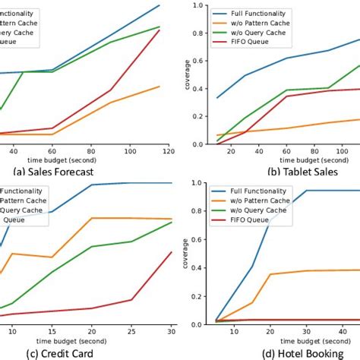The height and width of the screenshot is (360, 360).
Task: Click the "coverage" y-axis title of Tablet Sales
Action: tap(187, 74)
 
